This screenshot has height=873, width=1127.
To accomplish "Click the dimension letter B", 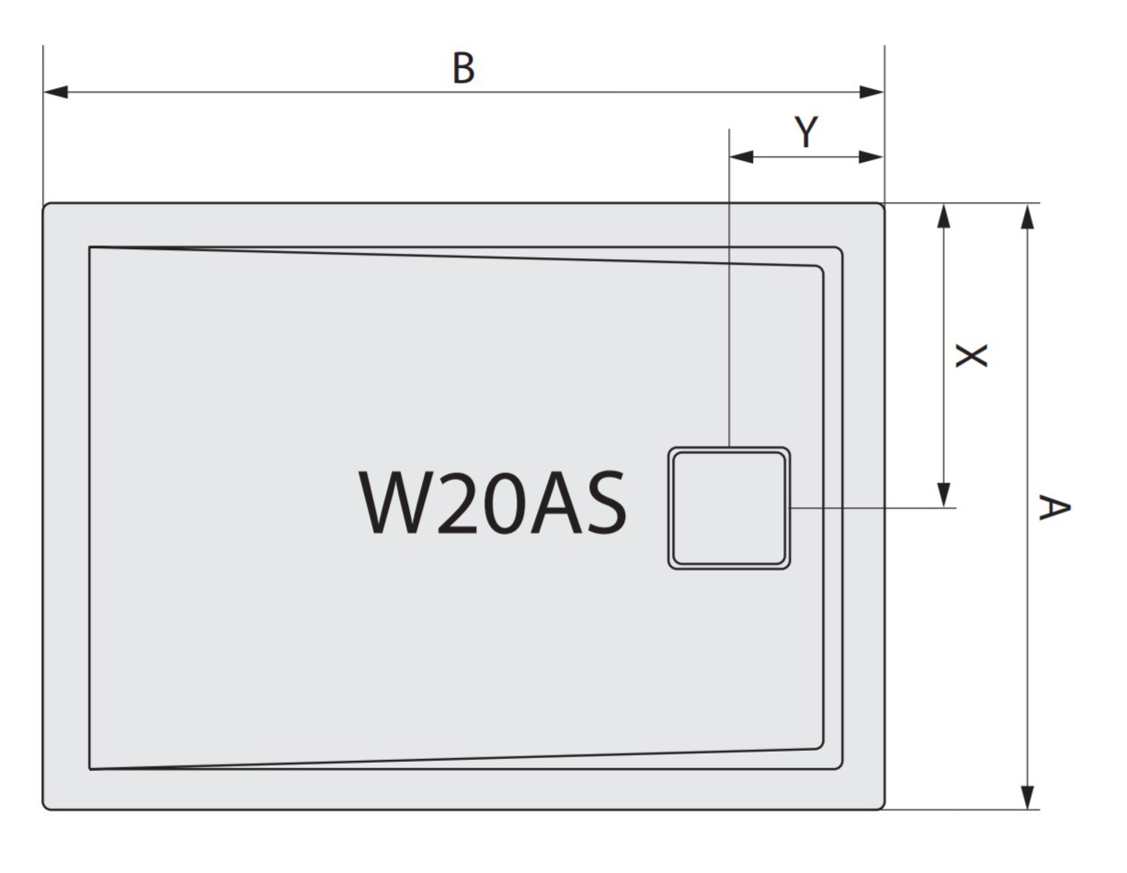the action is click(463, 68).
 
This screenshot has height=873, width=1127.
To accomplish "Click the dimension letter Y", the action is click(806, 131).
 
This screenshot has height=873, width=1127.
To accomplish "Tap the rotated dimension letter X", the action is click(972, 356).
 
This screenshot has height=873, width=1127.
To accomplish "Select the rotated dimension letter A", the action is click(1054, 507).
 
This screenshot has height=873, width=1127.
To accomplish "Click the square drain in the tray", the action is click(729, 508).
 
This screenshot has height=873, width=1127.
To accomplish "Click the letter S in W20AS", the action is click(605, 502).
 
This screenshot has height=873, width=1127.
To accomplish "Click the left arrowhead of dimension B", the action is click(55, 92).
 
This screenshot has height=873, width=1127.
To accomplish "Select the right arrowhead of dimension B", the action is click(871, 92).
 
